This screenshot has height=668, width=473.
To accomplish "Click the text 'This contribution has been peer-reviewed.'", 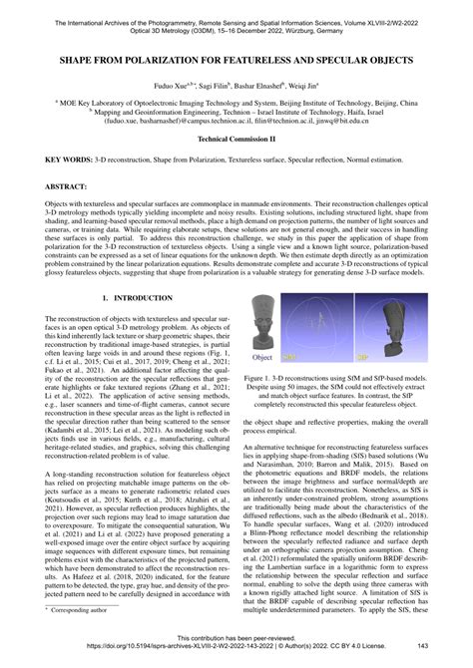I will click(x=236, y=638).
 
